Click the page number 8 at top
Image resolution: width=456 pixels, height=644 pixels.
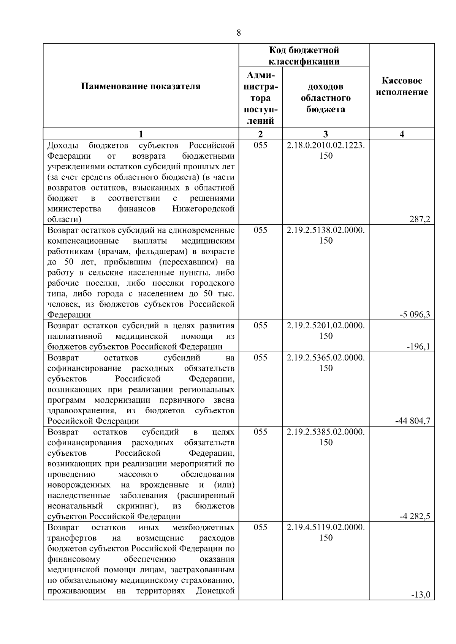[239, 33]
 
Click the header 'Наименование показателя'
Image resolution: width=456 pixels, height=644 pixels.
[141, 87]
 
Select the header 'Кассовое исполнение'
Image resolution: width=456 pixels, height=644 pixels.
[402, 87]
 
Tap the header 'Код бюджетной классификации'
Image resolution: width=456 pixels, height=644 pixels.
[304, 56]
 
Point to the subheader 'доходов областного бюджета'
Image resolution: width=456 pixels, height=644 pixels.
[326, 98]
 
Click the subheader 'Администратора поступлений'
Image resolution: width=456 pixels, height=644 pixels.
[260, 98]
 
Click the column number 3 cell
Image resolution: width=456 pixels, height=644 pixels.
[326, 134]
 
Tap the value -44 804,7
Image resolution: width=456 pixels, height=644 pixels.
[413, 421]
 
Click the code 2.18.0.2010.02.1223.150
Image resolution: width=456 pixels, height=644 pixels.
[326, 151]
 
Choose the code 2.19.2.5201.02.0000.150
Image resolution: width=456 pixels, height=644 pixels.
[326, 331]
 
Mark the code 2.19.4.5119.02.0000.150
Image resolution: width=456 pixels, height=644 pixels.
[326, 532]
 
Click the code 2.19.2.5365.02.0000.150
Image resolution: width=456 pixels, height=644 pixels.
[326, 363]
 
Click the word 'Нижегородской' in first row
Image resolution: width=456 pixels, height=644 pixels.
[203, 209]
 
